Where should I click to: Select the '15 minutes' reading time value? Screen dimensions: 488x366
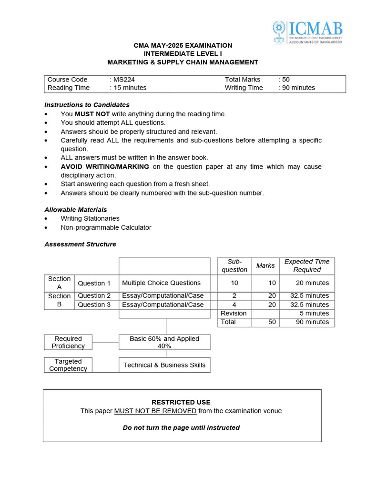(x=130, y=88)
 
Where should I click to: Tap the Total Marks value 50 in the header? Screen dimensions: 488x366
(x=285, y=80)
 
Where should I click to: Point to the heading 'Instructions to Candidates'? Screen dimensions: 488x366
(x=87, y=105)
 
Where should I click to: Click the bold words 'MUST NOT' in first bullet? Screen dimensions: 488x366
(x=92, y=114)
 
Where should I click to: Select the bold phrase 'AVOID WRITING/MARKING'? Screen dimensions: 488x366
(x=105, y=166)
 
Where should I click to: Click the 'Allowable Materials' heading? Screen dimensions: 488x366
(x=75, y=210)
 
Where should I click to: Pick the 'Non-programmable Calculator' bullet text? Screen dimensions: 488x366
(x=106, y=227)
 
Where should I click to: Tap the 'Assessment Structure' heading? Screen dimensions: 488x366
(x=80, y=244)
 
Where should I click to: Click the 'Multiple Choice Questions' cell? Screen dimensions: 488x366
(x=161, y=283)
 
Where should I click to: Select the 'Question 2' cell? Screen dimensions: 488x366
(x=94, y=296)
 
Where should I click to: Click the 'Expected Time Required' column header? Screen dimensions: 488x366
(x=307, y=265)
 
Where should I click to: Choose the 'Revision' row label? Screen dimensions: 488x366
(x=234, y=313)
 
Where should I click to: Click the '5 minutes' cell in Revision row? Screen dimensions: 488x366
(x=314, y=313)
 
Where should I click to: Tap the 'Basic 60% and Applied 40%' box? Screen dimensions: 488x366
(x=164, y=342)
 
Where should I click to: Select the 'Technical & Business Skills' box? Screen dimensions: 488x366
(x=164, y=365)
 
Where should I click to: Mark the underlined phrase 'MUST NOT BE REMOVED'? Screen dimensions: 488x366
(x=155, y=411)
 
